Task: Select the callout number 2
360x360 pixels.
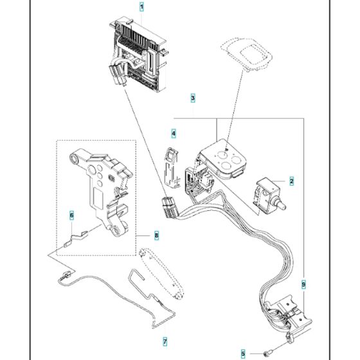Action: pos(291,182)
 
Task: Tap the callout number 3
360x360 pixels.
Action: pos(192,98)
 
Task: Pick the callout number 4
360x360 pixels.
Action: pos(173,134)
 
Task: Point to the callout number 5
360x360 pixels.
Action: pos(244,353)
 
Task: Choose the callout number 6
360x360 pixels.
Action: pos(72,215)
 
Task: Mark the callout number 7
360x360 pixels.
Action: pos(165,341)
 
